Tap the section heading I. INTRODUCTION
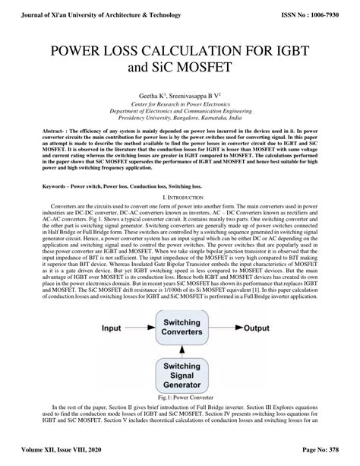pyautogui.click(x=179, y=197)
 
